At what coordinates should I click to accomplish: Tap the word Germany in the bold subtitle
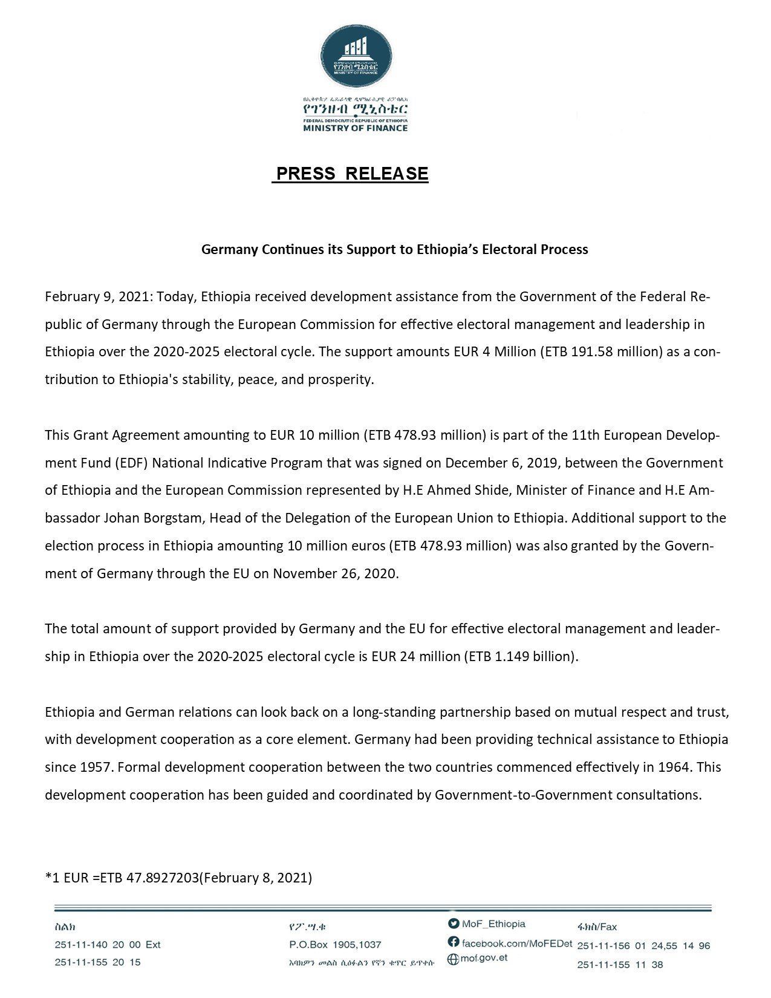tap(229, 250)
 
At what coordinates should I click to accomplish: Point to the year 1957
tap(96, 768)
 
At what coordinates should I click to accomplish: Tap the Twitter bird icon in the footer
tap(454, 924)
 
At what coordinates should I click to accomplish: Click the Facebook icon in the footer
tap(454, 942)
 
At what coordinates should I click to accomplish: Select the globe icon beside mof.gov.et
tap(453, 959)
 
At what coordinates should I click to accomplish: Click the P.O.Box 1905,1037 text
tap(335, 945)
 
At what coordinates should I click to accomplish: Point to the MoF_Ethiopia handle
tap(493, 924)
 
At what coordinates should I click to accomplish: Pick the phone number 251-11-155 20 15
tap(97, 962)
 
